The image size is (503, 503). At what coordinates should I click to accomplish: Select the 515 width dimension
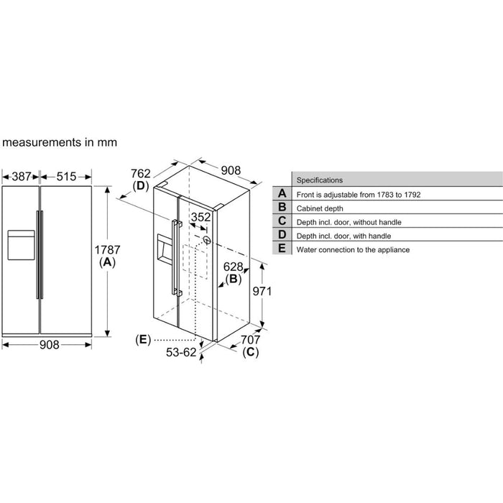67,176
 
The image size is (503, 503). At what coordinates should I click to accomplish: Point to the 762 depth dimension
140,172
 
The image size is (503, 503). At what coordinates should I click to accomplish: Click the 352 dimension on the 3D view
200,218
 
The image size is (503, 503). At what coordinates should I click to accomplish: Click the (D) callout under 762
140,186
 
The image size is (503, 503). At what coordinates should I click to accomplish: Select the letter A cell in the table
282,193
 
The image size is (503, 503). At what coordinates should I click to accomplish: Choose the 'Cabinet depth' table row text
320,208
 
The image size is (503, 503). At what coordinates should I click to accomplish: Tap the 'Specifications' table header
320,180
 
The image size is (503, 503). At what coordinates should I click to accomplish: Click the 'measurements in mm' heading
59,143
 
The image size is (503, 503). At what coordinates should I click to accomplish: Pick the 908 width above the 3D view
230,170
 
